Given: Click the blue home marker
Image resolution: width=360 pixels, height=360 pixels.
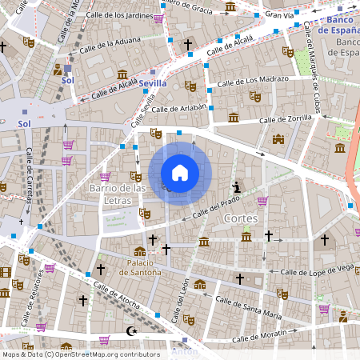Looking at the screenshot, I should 180,173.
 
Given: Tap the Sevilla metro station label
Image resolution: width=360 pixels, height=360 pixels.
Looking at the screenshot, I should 153,83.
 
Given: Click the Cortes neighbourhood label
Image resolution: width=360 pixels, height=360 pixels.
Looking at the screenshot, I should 241,218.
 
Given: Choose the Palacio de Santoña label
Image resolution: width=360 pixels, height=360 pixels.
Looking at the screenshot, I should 140,267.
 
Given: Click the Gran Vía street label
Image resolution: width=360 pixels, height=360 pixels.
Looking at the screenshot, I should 279,14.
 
